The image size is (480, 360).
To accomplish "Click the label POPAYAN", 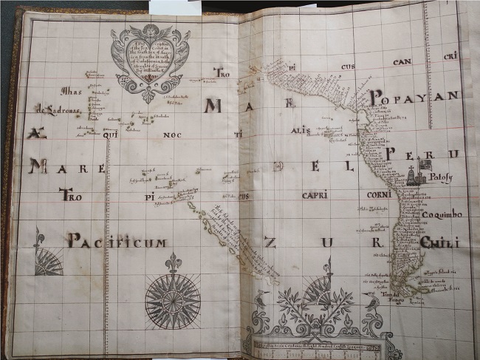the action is tap(414, 95).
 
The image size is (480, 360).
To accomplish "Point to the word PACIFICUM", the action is tap(117, 241).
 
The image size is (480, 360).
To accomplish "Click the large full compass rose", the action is tap(172, 300).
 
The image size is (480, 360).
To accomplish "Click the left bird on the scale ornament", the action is tap(261, 299).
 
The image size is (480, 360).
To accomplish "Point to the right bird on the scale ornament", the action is tap(371, 299).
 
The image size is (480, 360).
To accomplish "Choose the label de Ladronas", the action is tap(57, 108).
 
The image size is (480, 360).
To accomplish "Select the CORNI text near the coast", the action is tap(379, 194).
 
